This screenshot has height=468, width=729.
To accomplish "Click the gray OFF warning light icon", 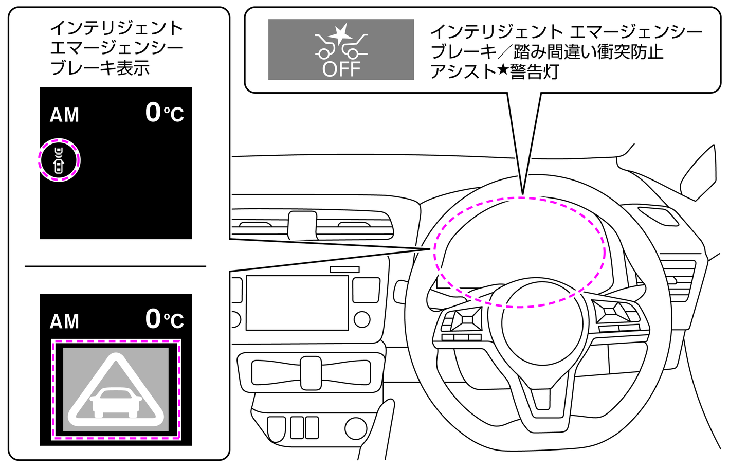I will [341, 49].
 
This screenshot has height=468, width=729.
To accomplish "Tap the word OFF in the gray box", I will [341, 69].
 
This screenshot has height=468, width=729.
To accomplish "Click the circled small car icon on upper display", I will [59, 160].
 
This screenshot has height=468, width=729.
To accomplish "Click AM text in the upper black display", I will [64, 115].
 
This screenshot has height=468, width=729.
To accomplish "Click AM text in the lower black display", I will [64, 322].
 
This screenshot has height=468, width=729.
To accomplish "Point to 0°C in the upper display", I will [165, 113].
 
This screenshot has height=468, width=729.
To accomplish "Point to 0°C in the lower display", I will [165, 319].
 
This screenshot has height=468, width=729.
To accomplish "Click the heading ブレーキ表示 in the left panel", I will [100, 68].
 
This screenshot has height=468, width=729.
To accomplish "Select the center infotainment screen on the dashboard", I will [297, 302].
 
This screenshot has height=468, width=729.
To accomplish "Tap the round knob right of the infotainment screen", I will [362, 319].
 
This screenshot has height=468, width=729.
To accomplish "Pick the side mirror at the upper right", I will [699, 172].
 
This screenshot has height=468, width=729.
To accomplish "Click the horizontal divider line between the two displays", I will [115, 266].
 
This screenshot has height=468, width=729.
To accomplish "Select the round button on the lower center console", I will [355, 428].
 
